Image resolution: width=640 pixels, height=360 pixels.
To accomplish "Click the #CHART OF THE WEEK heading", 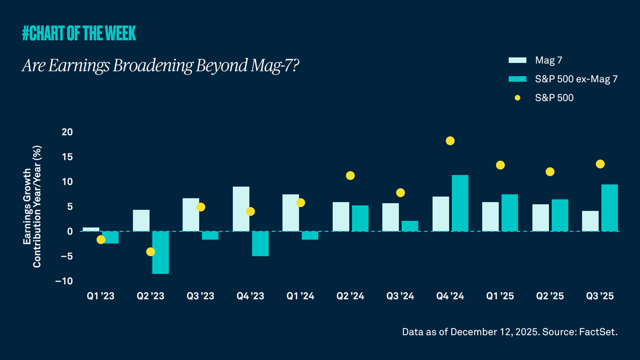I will click(79, 34).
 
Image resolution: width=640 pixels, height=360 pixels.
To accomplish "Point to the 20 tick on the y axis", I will click(67, 132).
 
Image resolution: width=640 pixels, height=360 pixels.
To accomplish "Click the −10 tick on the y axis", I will click(64, 281).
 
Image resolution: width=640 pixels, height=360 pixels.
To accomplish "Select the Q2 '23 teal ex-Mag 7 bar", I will click(161, 252).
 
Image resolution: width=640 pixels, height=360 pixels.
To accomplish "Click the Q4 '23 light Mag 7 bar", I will click(241, 209).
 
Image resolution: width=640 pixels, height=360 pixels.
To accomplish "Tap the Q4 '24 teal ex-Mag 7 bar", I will click(460, 203).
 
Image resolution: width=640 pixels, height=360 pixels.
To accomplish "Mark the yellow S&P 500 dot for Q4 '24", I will click(450, 141).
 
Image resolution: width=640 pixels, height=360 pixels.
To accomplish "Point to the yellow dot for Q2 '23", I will click(151, 252).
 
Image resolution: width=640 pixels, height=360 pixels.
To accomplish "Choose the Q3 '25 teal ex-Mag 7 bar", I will click(610, 208).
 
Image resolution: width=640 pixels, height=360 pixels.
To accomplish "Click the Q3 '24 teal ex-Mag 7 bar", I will click(410, 226).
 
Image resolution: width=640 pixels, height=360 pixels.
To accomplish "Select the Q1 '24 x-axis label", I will click(301, 297).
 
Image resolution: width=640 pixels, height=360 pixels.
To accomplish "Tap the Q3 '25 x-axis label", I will click(600, 297).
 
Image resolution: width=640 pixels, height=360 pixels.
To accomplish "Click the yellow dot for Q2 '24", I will click(350, 176).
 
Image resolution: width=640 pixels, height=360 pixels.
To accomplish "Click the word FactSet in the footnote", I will click(600, 332).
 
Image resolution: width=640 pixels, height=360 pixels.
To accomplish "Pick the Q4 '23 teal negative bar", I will click(260, 243).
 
